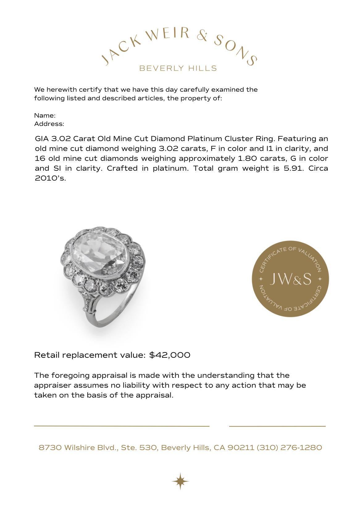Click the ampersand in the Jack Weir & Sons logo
coord(203,36)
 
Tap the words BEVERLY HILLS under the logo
coord(178,68)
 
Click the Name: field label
coord(45,115)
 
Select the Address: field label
coord(49,124)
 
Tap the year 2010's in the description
coord(50,178)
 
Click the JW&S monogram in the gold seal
coord(291,279)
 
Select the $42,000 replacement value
coord(170,355)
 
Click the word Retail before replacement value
coord(47,355)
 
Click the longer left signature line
coord(122,426)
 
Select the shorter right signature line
coord(277,426)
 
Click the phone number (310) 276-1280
coord(289,448)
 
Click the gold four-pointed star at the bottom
coord(180,481)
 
